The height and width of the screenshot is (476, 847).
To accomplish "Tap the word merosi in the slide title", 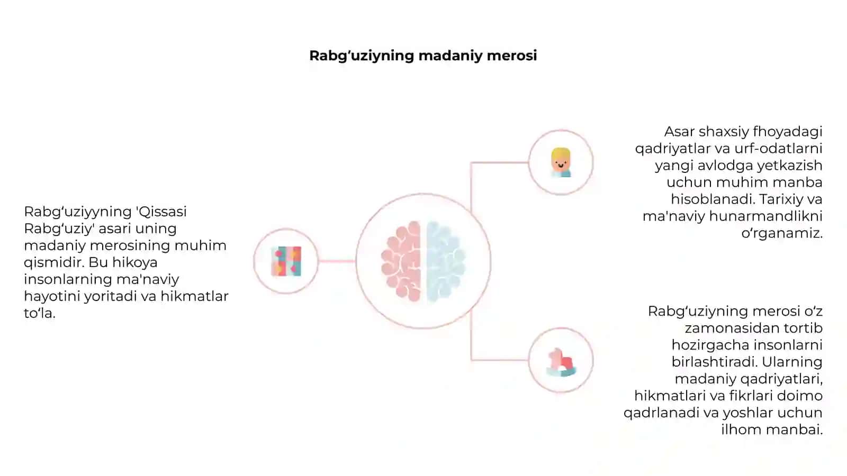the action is tap(512, 56).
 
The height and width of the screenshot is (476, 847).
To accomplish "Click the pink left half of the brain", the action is tap(401, 261).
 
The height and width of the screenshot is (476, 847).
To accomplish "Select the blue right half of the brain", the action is tap(446, 261).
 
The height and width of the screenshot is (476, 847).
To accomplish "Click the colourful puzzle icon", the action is tap(286, 261).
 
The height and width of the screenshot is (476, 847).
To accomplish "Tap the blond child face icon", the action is tap(561, 162).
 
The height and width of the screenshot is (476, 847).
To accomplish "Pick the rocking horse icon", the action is tap(561, 362).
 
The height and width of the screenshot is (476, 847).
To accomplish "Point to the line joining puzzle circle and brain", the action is tap(337, 261).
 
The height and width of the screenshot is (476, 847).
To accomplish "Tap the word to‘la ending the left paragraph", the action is tap(39, 313).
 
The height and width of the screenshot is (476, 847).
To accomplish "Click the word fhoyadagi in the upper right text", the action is tap(787, 132).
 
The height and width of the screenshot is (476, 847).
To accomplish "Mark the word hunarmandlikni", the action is tap(765, 216).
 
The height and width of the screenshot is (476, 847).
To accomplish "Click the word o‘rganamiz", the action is tap(782, 234).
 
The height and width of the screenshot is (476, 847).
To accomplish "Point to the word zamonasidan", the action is tap(732, 328).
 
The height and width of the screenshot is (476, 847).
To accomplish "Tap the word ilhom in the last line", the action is tap(741, 429).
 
